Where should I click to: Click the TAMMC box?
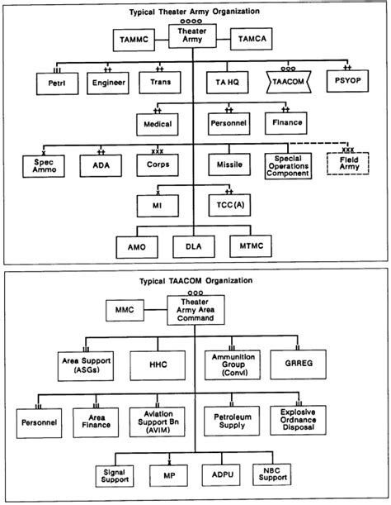[134, 38]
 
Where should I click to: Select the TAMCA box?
[252, 38]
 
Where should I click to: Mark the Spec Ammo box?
[43, 164]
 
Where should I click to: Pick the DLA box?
[193, 245]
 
